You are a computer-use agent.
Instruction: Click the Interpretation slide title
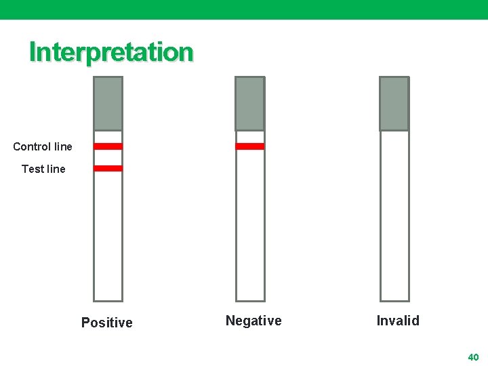pyautogui.click(x=111, y=52)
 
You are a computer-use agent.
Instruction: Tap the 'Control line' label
pyautogui.click(x=43, y=146)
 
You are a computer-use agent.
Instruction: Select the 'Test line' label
pyautogui.click(x=43, y=169)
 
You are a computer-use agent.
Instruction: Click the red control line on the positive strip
pyautogui.click(x=108, y=146)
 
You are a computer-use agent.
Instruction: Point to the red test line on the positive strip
pyautogui.click(x=108, y=168)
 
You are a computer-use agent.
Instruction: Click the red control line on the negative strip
pyautogui.click(x=250, y=146)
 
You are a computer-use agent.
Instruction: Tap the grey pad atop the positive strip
pyautogui.click(x=108, y=103)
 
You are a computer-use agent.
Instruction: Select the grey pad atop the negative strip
pyautogui.click(x=250, y=103)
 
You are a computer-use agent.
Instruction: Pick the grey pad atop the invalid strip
pyautogui.click(x=394, y=103)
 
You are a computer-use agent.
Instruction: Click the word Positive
pyautogui.click(x=107, y=323)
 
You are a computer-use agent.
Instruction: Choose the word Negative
pyautogui.click(x=253, y=321)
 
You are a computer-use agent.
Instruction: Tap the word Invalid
pyautogui.click(x=398, y=321)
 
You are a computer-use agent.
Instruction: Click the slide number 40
pyautogui.click(x=473, y=357)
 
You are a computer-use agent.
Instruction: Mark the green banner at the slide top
pyautogui.click(x=244, y=9)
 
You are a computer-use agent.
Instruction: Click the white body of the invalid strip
pyautogui.click(x=394, y=217)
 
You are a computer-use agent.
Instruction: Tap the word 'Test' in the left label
pyautogui.click(x=33, y=169)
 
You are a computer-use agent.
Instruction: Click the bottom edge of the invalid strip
pyautogui.click(x=394, y=300)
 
